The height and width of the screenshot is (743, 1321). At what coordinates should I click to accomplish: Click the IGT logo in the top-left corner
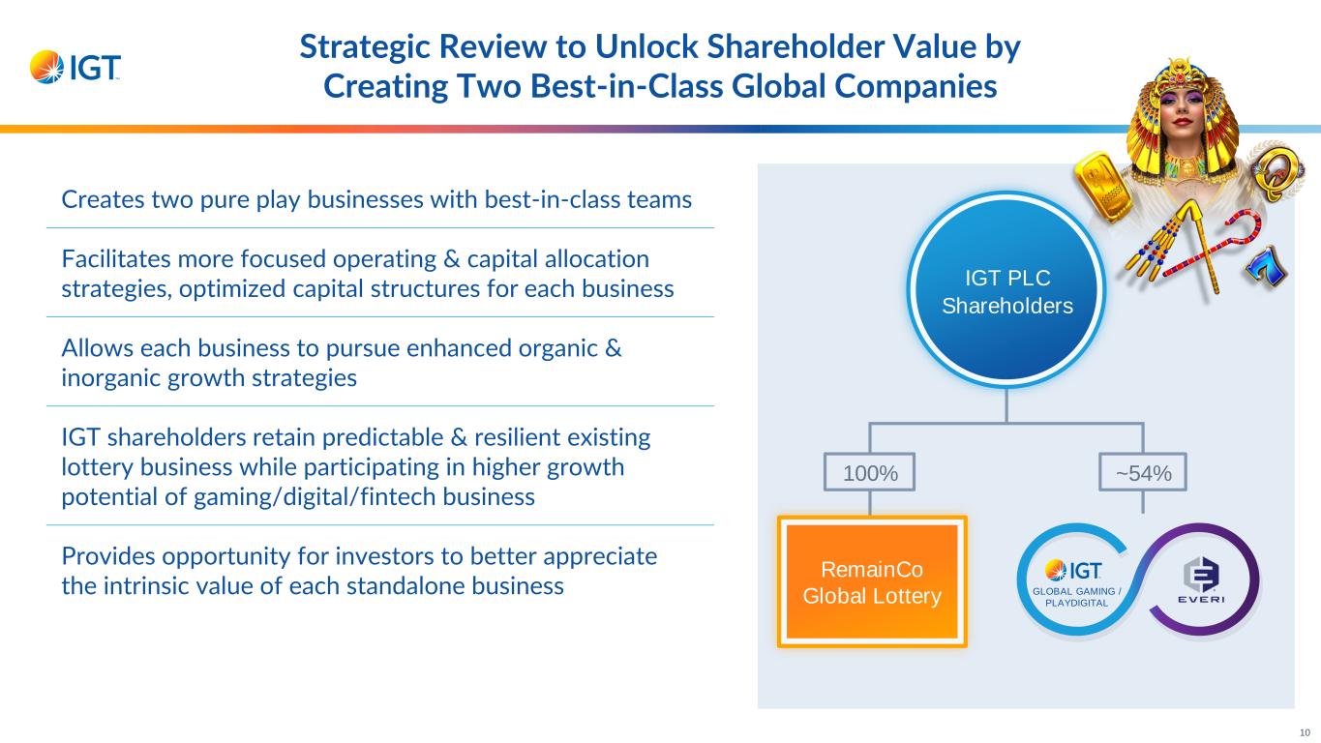[x=75, y=67]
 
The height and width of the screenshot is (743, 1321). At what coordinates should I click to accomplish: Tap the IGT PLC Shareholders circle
[x=1006, y=291]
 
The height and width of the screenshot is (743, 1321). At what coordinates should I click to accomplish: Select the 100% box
[x=870, y=473]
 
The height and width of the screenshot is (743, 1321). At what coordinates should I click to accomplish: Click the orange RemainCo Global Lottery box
[x=872, y=581]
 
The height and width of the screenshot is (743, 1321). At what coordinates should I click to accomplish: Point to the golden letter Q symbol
[x=1270, y=174]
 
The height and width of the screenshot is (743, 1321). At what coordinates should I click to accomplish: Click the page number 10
[x=1304, y=731]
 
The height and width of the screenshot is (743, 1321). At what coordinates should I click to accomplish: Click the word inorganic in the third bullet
[x=99, y=378]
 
